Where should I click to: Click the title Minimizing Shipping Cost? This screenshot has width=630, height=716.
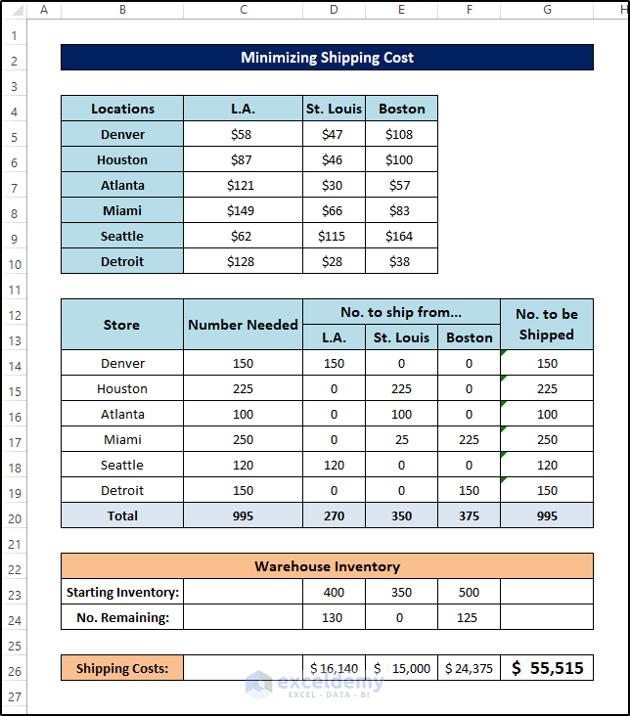[327, 58]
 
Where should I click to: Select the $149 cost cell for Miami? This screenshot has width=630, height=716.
[243, 210]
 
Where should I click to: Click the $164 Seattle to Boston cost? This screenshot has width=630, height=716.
[401, 236]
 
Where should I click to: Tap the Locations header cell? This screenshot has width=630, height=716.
[122, 109]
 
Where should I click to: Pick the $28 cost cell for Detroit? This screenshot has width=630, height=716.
[334, 261]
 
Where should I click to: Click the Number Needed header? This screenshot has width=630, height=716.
[243, 325]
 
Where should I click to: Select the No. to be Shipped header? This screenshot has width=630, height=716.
[546, 325]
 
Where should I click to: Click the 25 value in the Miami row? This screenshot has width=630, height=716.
[401, 440]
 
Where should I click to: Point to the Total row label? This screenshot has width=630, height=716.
[122, 515]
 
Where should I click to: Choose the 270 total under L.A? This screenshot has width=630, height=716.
[334, 515]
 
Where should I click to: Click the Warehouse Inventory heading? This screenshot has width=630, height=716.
[327, 566]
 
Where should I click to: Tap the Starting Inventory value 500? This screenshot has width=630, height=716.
[469, 592]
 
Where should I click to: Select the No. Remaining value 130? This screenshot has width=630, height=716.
[334, 617]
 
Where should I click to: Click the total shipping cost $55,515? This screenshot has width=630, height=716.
[546, 668]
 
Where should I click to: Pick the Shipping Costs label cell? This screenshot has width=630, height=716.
[122, 669]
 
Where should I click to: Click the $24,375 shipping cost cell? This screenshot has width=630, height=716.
[469, 669]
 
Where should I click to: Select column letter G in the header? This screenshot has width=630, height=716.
[546, 10]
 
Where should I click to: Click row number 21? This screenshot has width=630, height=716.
[14, 543]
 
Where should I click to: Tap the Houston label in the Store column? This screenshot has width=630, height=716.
[122, 388]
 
